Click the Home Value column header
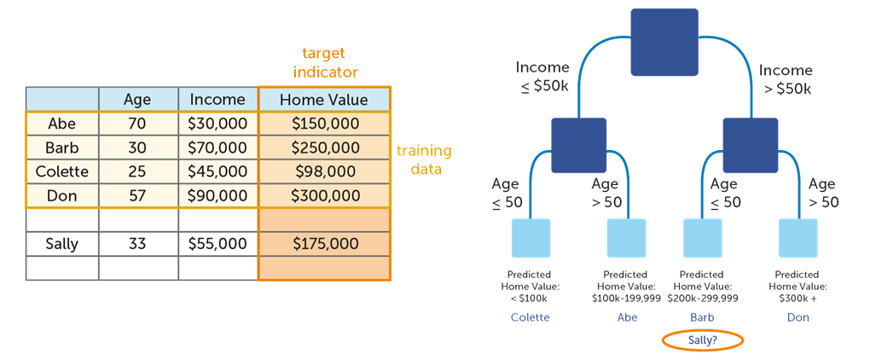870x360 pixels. [324, 99]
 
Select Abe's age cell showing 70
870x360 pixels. [138, 123]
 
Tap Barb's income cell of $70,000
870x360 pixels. [217, 148]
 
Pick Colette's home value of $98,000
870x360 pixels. [324, 171]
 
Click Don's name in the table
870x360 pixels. [62, 195]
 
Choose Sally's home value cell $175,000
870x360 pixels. [324, 243]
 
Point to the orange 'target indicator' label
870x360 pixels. [325, 62]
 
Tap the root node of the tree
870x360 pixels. [664, 42]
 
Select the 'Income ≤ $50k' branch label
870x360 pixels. [542, 78]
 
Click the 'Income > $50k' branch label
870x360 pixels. [786, 78]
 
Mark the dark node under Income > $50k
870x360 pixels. [751, 144]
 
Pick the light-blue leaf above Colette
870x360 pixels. [531, 237]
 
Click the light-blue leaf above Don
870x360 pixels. [797, 237]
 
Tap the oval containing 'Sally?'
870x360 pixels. [702, 340]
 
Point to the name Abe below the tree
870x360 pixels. [627, 317]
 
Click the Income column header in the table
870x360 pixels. [217, 99]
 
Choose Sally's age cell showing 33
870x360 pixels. [138, 243]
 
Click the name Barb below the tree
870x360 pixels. [702, 317]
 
